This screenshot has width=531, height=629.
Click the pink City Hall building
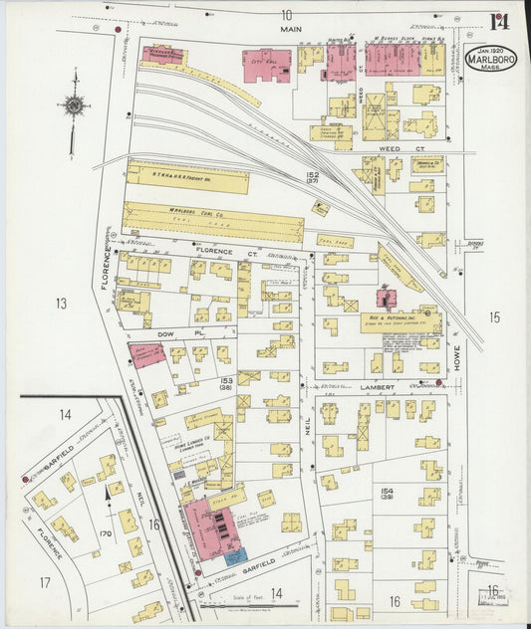click(266, 65)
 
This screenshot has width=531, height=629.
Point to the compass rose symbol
click(72, 105)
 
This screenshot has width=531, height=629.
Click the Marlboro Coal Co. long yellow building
click(212, 222)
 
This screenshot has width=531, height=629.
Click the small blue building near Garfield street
click(233, 556)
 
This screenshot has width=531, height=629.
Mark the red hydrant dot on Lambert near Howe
click(437, 381)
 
